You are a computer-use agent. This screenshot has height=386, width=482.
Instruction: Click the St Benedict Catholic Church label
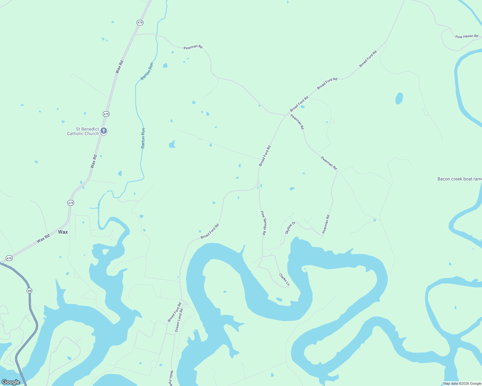click(x=83, y=131)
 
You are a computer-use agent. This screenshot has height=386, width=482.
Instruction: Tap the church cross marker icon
click(x=104, y=131)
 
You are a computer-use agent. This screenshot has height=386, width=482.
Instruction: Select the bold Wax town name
click(x=63, y=232)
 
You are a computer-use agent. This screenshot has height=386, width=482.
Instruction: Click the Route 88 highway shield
click(x=30, y=290)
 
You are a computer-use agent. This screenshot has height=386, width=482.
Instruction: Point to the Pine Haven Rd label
click(x=467, y=36)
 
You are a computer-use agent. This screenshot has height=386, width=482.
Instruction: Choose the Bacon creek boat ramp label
click(x=459, y=179)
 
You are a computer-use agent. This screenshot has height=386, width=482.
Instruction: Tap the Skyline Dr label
click(x=290, y=228)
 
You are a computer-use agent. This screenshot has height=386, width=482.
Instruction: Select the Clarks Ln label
click(x=284, y=280)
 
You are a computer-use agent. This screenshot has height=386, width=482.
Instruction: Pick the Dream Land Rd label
click(x=179, y=320)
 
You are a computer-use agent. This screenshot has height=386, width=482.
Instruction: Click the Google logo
click(x=11, y=382)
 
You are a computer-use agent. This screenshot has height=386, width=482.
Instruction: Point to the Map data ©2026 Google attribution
click(x=462, y=383)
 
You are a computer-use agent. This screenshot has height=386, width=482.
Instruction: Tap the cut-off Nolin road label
click(x=171, y=378)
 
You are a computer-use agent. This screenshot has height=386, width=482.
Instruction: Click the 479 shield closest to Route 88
click(x=9, y=258)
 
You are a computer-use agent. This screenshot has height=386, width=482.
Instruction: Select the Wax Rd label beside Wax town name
click(x=43, y=238)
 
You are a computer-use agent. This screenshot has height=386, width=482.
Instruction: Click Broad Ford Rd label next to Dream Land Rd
click(x=174, y=312)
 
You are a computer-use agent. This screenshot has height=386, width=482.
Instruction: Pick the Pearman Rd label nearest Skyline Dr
click(x=326, y=224)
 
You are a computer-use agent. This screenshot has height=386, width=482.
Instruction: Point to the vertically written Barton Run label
click(x=143, y=138)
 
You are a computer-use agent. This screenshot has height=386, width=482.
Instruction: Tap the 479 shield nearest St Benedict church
click(x=106, y=114)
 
